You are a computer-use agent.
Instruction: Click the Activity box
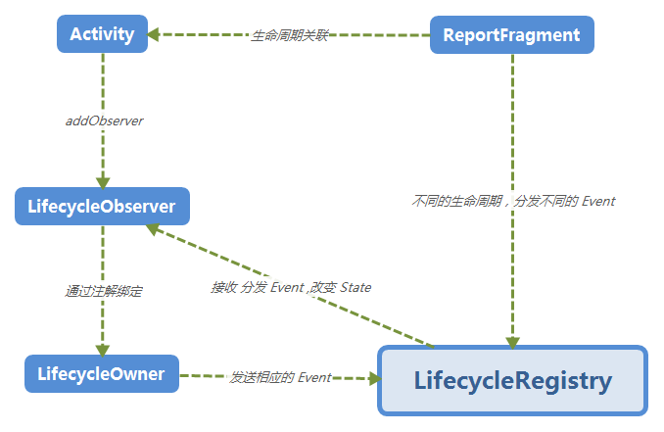pos(102,34)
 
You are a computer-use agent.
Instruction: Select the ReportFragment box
pos(511,35)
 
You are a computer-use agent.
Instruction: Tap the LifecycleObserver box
pos(102,207)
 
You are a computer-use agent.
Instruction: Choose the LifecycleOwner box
pos(101,373)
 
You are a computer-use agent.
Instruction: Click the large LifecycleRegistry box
pos(513,380)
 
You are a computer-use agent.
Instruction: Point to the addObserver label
pos(103,121)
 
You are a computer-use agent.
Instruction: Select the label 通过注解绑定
pos(103,291)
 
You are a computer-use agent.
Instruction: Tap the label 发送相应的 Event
pos(280,376)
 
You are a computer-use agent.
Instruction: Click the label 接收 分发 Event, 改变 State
pos(291,287)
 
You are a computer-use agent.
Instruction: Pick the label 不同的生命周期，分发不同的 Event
pos(513,201)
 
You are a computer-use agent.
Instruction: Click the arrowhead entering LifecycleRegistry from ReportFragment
pos(512,340)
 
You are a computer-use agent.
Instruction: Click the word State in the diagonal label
pos(355,287)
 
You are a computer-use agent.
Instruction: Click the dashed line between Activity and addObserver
pos(103,83)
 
